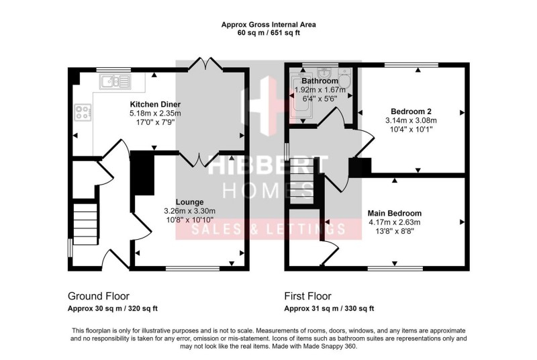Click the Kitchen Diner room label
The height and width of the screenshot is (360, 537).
pos(155,105)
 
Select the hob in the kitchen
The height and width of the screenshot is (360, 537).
pos(84,114)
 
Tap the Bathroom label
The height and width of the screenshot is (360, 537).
pos(320,81)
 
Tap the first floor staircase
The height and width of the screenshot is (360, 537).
pos(302,181)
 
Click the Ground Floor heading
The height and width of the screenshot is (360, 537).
pos(99,296)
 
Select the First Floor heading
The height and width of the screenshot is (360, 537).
pos(307,296)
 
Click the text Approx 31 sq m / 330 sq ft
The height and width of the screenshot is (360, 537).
pos(329,309)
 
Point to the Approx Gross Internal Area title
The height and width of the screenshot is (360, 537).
pos(268,25)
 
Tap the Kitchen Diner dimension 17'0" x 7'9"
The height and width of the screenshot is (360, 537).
pos(155,122)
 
